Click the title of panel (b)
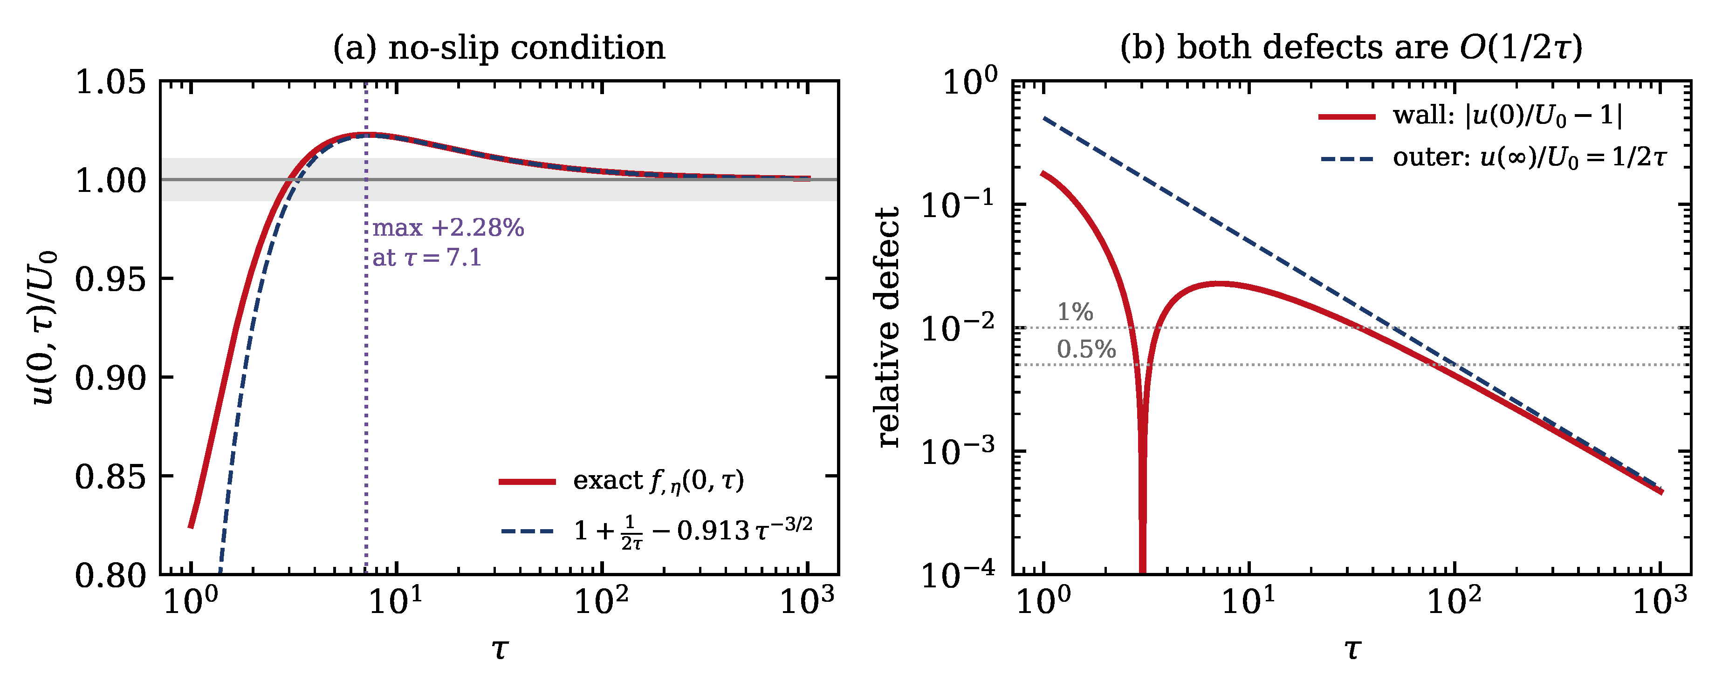[x=1351, y=48]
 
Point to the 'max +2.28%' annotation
[x=448, y=228]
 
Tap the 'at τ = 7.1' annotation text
[x=427, y=258]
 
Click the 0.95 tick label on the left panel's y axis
[x=110, y=279]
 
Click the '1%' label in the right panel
[x=1075, y=312]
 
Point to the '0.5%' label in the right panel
[x=1086, y=349]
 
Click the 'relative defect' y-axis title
[x=888, y=327]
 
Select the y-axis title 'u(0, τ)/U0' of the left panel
[x=44, y=327]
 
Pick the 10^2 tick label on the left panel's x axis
[x=601, y=600]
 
